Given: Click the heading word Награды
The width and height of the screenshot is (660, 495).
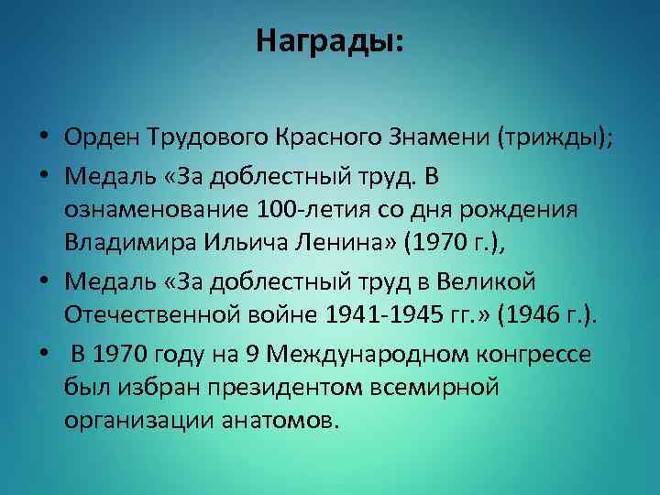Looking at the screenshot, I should click(328, 41).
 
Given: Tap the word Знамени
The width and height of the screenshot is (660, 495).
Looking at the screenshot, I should click(439, 138).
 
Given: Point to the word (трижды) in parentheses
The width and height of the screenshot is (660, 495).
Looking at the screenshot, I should click(554, 138).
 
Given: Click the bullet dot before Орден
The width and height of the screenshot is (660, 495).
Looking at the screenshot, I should click(44, 139).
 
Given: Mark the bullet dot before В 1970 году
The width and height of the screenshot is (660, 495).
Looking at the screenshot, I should click(44, 351).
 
